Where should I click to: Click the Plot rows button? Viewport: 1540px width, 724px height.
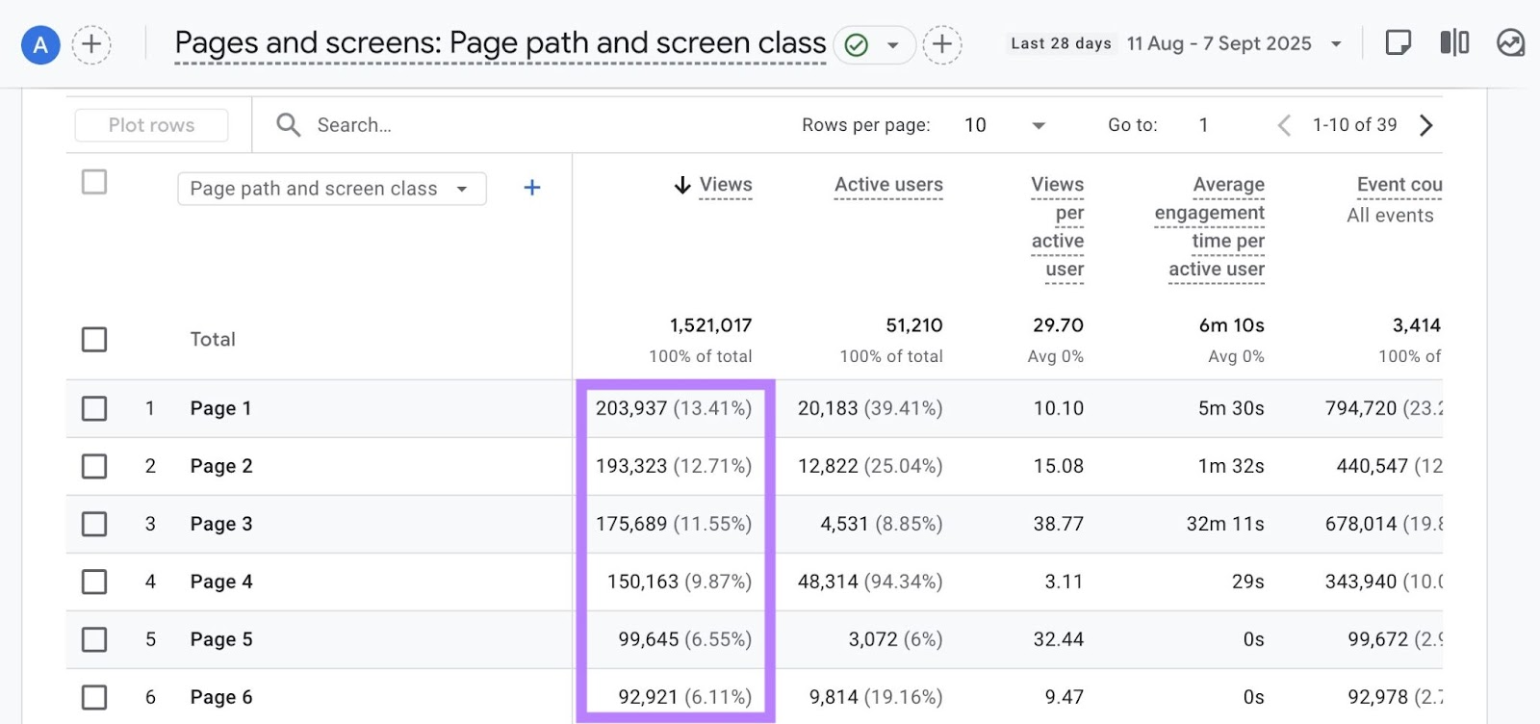pyautogui.click(x=151, y=125)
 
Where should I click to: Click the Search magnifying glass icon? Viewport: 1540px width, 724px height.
pyautogui.click(x=288, y=124)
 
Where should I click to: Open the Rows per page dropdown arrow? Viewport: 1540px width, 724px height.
pyautogui.click(x=1038, y=125)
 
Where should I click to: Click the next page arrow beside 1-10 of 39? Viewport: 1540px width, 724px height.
pyautogui.click(x=1426, y=125)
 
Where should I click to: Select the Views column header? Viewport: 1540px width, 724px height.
pyautogui.click(x=725, y=185)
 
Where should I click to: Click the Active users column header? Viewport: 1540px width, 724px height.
pyautogui.click(x=888, y=185)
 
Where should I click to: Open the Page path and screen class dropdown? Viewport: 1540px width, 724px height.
pyautogui.click(x=331, y=189)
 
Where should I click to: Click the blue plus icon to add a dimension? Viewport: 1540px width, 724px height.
pyautogui.click(x=531, y=188)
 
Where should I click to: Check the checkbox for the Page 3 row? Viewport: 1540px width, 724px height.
pyautogui.click(x=94, y=524)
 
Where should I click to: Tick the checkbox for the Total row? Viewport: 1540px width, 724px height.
pyautogui.click(x=94, y=340)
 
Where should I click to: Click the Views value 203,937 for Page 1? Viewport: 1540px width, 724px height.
pyautogui.click(x=631, y=408)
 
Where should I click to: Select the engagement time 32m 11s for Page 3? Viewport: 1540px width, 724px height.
pyautogui.click(x=1224, y=524)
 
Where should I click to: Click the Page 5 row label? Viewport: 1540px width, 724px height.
pyautogui.click(x=221, y=639)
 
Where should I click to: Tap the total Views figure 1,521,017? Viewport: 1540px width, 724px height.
pyautogui.click(x=710, y=325)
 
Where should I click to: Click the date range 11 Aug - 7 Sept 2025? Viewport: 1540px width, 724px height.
pyautogui.click(x=1219, y=43)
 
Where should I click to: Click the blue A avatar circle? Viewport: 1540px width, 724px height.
pyautogui.click(x=40, y=44)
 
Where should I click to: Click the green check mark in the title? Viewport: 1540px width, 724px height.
pyautogui.click(x=856, y=44)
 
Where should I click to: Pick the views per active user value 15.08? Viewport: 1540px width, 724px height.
pyautogui.click(x=1058, y=466)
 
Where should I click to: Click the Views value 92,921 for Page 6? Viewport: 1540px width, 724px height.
pyautogui.click(x=648, y=697)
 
